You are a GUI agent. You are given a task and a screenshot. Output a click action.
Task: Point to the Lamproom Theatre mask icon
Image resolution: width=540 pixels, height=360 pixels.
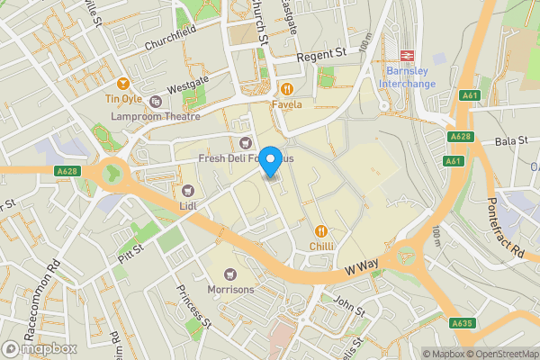pos(156,102)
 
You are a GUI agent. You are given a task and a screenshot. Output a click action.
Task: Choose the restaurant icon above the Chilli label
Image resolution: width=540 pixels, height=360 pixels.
pos(322,229)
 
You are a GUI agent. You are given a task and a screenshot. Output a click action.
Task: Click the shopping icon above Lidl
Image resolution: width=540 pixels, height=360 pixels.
pos(188,190)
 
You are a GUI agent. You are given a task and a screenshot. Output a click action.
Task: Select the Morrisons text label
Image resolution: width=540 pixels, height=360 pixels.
pos(230,290)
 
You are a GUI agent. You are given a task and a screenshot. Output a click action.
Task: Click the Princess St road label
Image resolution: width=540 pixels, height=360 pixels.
pos(193,307)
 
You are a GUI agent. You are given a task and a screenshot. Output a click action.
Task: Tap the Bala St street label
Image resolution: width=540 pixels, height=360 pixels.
pos(508,141)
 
